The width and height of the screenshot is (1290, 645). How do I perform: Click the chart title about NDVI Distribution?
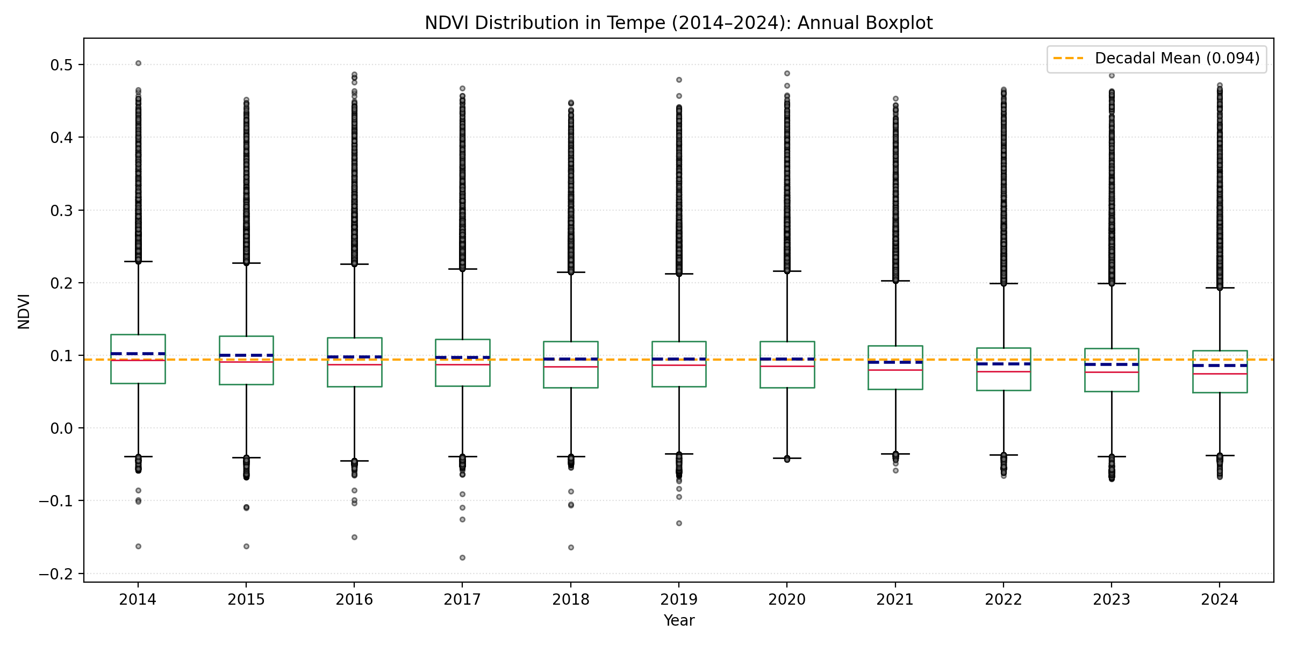(678, 23)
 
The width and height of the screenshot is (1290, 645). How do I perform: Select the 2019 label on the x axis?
(678, 600)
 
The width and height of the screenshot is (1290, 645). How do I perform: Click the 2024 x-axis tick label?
(1219, 600)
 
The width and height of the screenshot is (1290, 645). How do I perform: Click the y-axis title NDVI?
(24, 311)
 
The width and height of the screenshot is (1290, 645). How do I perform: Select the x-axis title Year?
(678, 620)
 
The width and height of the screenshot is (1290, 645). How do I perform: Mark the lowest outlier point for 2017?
(462, 557)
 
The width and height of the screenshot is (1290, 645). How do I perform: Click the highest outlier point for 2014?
(138, 63)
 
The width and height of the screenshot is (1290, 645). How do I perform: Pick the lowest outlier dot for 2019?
(679, 523)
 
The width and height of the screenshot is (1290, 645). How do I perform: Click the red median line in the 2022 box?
(1003, 372)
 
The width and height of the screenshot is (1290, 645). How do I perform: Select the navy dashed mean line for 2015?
(246, 355)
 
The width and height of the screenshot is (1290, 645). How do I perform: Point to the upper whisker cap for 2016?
(354, 264)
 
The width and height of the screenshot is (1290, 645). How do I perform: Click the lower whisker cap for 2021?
(895, 454)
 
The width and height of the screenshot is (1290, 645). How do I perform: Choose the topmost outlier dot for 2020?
(787, 73)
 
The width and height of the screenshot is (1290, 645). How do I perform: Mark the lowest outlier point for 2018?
(571, 547)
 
